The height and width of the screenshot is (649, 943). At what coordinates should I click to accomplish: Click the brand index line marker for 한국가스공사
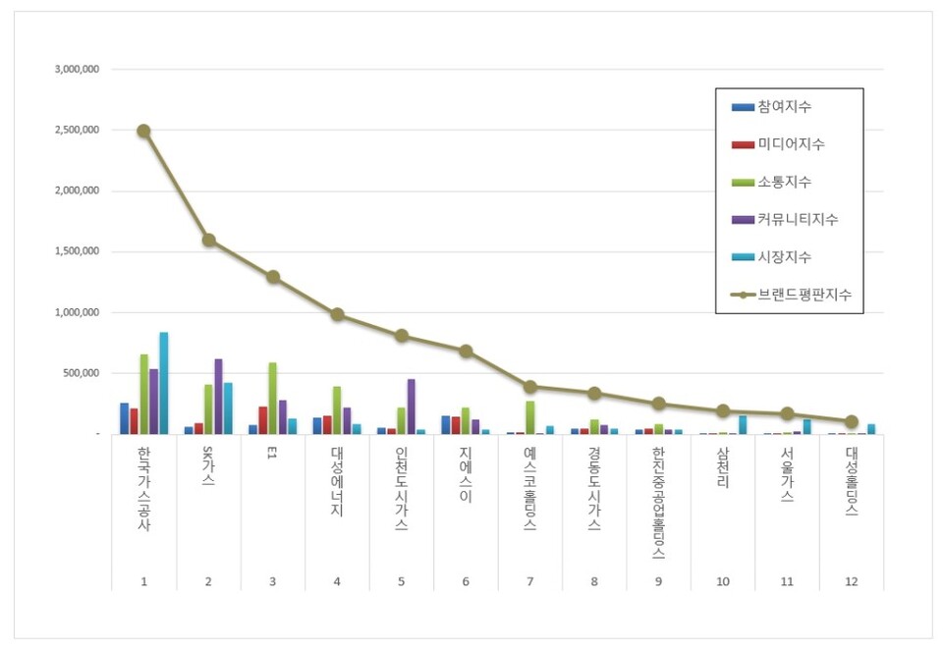pyautogui.click(x=143, y=131)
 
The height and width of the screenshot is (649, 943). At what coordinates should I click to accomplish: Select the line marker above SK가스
pyautogui.click(x=208, y=240)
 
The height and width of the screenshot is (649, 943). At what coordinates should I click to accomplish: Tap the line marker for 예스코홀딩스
pyautogui.click(x=529, y=387)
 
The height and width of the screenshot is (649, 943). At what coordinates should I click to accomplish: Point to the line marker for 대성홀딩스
pyautogui.click(x=852, y=421)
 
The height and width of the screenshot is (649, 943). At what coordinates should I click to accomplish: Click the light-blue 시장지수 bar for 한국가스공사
pyautogui.click(x=163, y=383)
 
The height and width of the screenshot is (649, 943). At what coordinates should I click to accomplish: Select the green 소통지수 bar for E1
pyautogui.click(x=272, y=398)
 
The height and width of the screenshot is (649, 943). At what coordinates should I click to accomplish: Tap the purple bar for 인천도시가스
pyautogui.click(x=412, y=406)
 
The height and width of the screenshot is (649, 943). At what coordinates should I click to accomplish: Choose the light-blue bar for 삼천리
pyautogui.click(x=743, y=424)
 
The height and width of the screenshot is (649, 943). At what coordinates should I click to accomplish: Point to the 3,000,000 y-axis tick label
pyautogui.click(x=78, y=70)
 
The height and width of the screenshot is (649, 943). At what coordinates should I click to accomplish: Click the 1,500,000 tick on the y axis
pyautogui.click(x=78, y=252)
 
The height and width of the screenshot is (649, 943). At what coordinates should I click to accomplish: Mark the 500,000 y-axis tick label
pyautogui.click(x=82, y=374)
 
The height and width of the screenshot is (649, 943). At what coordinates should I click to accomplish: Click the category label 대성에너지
pyautogui.click(x=337, y=482)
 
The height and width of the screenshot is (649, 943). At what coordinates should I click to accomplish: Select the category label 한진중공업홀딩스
pyautogui.click(x=658, y=501)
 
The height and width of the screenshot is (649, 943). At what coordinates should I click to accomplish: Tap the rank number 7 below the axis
pyautogui.click(x=529, y=582)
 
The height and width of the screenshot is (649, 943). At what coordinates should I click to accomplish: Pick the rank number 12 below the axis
pyautogui.click(x=851, y=582)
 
